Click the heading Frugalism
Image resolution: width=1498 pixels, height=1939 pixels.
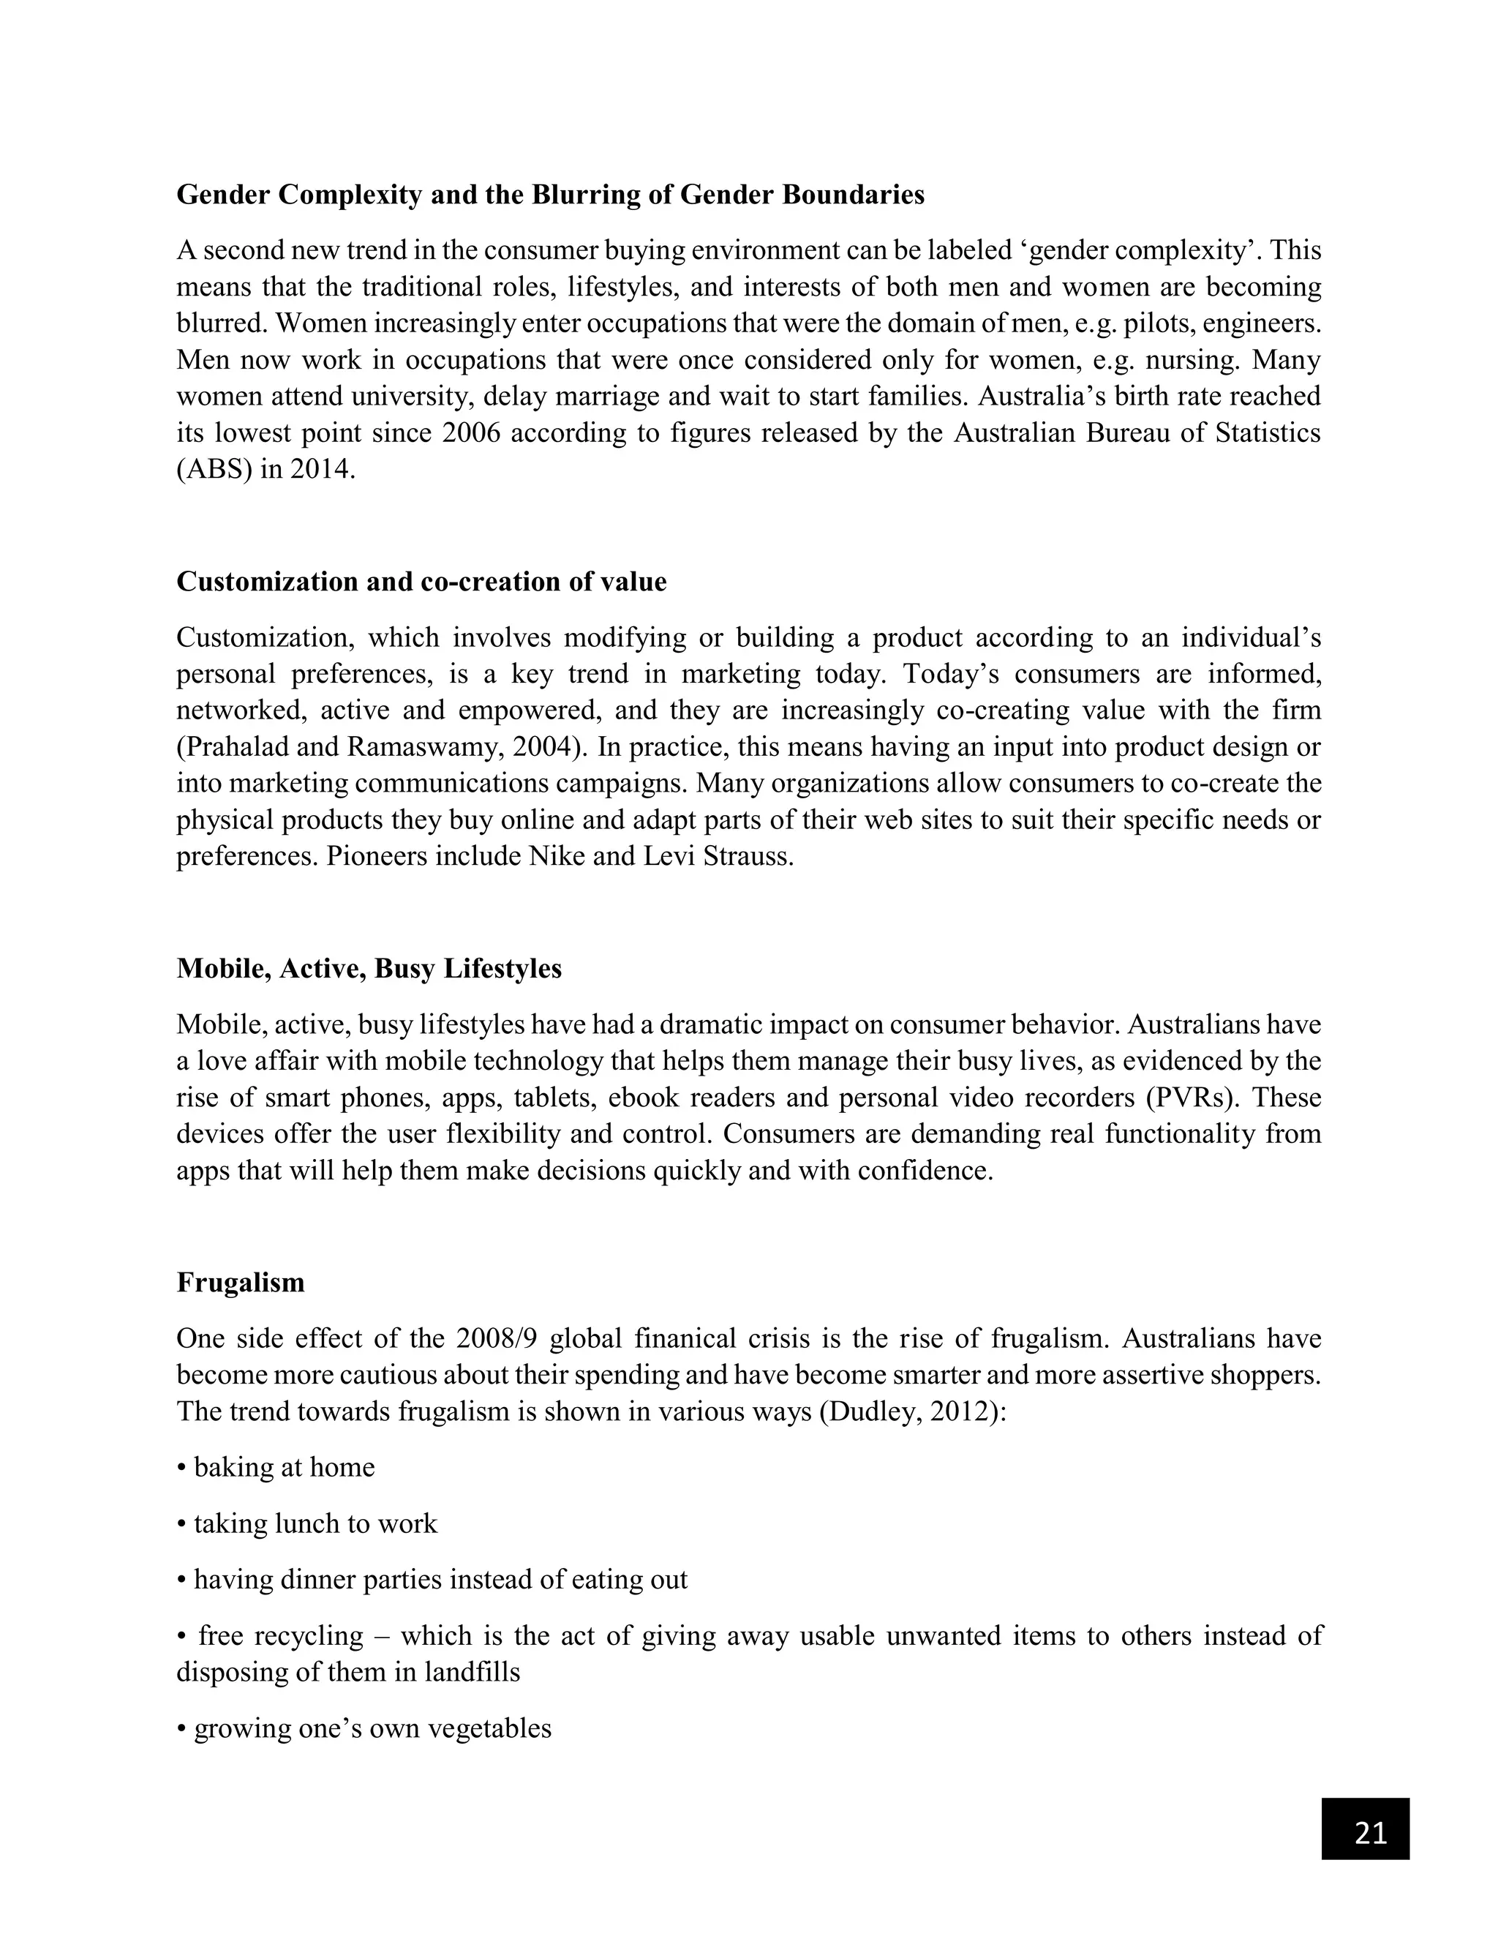(241, 1282)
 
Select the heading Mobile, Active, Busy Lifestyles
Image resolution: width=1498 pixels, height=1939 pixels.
(369, 968)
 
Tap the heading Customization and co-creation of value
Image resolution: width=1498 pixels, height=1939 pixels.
(421, 582)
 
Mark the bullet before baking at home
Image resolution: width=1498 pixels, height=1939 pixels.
(182, 1469)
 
